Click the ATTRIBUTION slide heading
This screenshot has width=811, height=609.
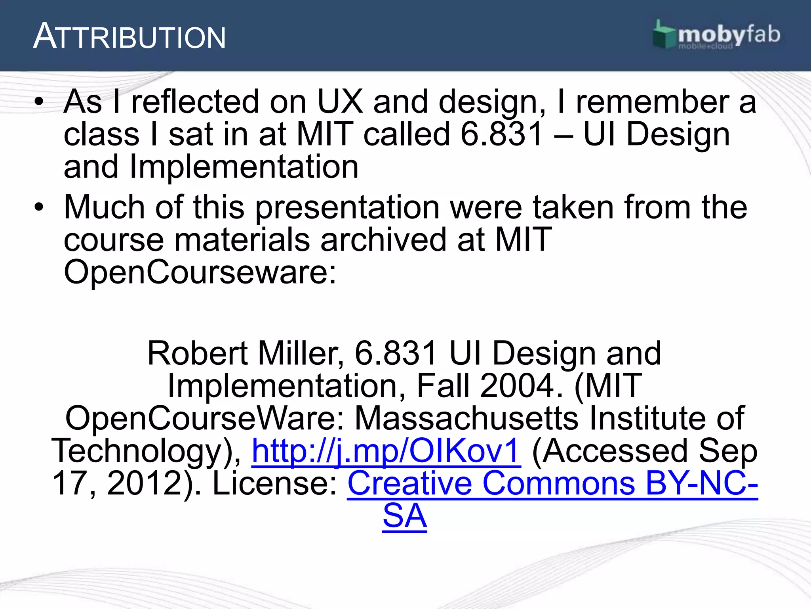click(129, 37)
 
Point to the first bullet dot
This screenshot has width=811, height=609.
click(38, 102)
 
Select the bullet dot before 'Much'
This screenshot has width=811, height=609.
click(38, 207)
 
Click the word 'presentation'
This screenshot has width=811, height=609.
click(347, 208)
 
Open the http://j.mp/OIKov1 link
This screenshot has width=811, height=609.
click(386, 451)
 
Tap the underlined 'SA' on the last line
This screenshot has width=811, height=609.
click(405, 516)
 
